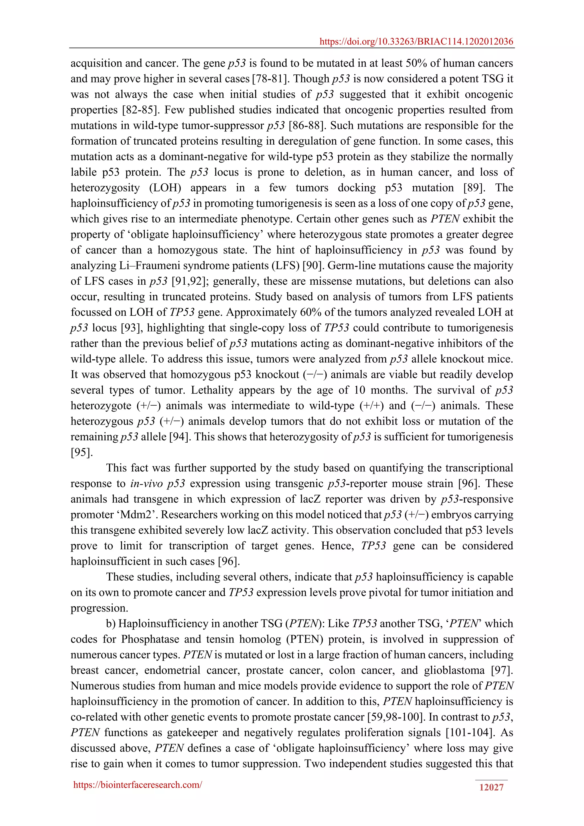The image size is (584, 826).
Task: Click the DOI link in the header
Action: pyautogui.click(x=416, y=42)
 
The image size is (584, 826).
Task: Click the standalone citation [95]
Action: pyautogui.click(x=82, y=452)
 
